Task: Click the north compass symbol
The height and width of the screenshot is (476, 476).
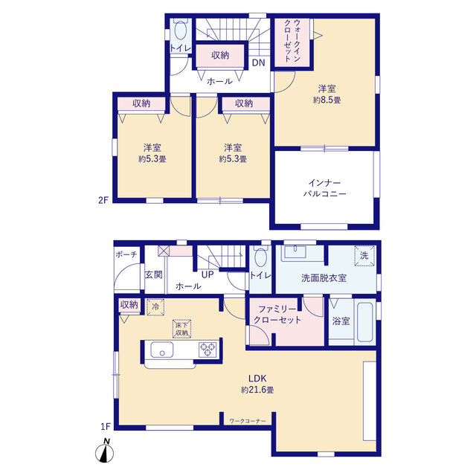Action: (105, 451)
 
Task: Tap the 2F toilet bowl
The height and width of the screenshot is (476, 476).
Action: (180, 30)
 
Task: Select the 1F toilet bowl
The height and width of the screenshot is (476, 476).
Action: (261, 257)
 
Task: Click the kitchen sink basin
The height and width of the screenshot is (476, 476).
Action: (162, 350)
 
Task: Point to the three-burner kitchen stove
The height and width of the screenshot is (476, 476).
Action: (208, 349)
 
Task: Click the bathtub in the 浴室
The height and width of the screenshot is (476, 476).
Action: (364, 322)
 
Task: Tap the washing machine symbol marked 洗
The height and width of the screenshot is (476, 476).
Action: (364, 256)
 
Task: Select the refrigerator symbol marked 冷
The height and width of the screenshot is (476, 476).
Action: (155, 307)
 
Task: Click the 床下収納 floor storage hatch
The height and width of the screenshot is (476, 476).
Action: (181, 329)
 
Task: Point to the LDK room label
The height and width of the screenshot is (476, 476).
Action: (257, 379)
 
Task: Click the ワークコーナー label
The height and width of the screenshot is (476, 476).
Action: (248, 421)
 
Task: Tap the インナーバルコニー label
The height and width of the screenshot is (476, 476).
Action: (324, 188)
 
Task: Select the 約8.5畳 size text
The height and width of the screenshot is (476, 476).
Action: (327, 100)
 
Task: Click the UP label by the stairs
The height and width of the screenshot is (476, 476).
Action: (208, 274)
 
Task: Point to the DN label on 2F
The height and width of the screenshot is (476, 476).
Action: (259, 62)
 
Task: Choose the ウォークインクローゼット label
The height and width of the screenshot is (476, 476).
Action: (292, 41)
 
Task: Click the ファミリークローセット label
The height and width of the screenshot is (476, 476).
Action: (277, 315)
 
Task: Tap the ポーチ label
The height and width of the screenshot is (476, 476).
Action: (126, 254)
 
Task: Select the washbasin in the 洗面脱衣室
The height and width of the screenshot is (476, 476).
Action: (295, 254)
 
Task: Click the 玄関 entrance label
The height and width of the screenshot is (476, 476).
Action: (154, 274)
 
